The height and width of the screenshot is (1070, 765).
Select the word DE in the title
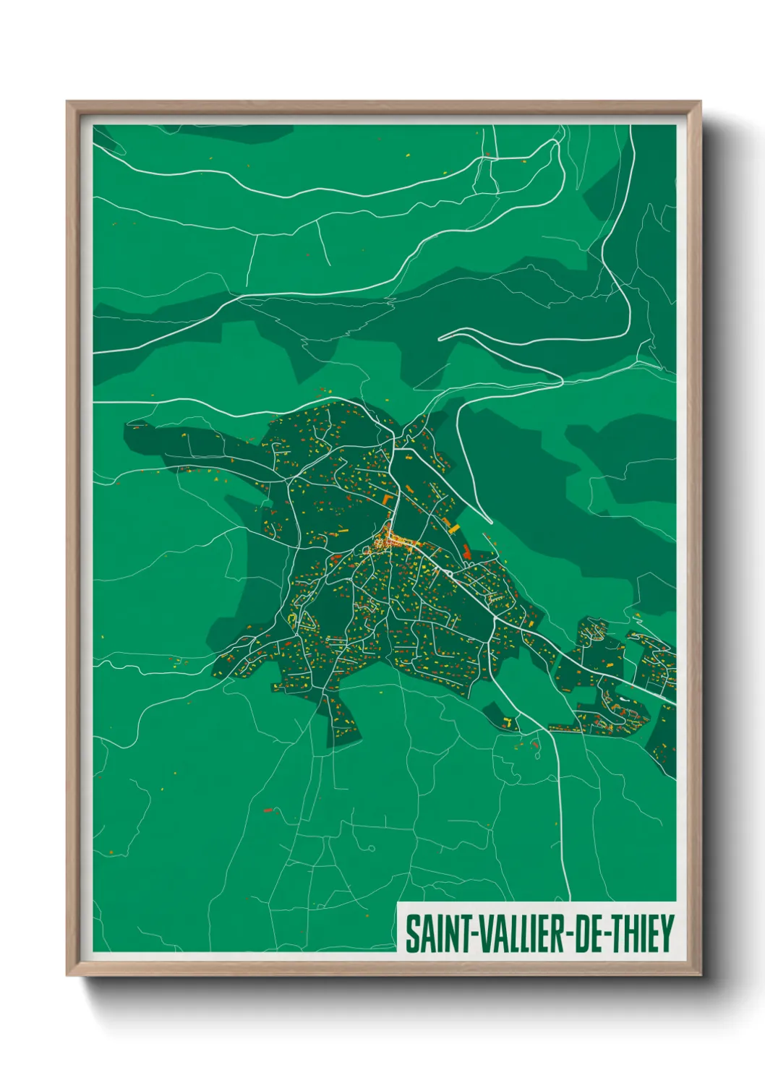(x=591, y=933)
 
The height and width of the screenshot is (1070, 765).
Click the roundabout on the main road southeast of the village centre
(x=450, y=573)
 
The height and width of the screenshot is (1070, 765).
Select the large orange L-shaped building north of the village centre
(x=388, y=500)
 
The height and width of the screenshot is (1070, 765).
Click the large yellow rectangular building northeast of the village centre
(x=454, y=529)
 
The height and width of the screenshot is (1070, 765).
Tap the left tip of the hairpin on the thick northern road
(x=440, y=337)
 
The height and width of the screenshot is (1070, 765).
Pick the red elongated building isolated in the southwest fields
(x=270, y=810)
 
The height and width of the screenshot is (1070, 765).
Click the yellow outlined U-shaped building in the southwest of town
(x=292, y=619)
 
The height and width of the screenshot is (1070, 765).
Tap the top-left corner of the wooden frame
(x=68, y=103)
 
